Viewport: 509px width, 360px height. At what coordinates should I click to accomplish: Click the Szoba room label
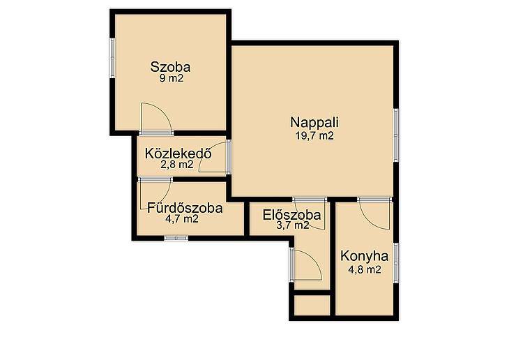170,67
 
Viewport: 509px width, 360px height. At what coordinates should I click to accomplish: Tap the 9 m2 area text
172,78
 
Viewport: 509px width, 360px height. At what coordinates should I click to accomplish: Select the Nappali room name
314,123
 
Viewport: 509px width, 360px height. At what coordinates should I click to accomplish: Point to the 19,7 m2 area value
314,135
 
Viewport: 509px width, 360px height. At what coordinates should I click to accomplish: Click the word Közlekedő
178,153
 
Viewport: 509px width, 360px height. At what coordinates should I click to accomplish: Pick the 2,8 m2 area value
177,165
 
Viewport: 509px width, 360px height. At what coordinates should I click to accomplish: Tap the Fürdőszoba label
185,208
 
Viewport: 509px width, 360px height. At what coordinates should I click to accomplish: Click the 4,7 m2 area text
182,218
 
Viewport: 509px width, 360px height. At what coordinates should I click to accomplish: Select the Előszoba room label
292,215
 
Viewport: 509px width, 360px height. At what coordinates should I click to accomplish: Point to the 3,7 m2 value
292,225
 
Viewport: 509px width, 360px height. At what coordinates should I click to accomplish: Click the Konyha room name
364,256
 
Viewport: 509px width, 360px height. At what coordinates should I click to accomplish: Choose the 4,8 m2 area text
365,269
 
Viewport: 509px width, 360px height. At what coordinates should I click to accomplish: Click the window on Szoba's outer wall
112,58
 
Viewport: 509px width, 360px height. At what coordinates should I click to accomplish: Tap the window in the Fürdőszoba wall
176,238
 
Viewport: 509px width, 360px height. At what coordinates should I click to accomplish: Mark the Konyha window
396,262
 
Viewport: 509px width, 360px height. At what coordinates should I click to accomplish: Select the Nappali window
396,135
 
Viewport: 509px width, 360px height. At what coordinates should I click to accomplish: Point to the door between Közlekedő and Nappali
229,156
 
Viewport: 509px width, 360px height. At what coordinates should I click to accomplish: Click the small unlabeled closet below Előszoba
312,305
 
